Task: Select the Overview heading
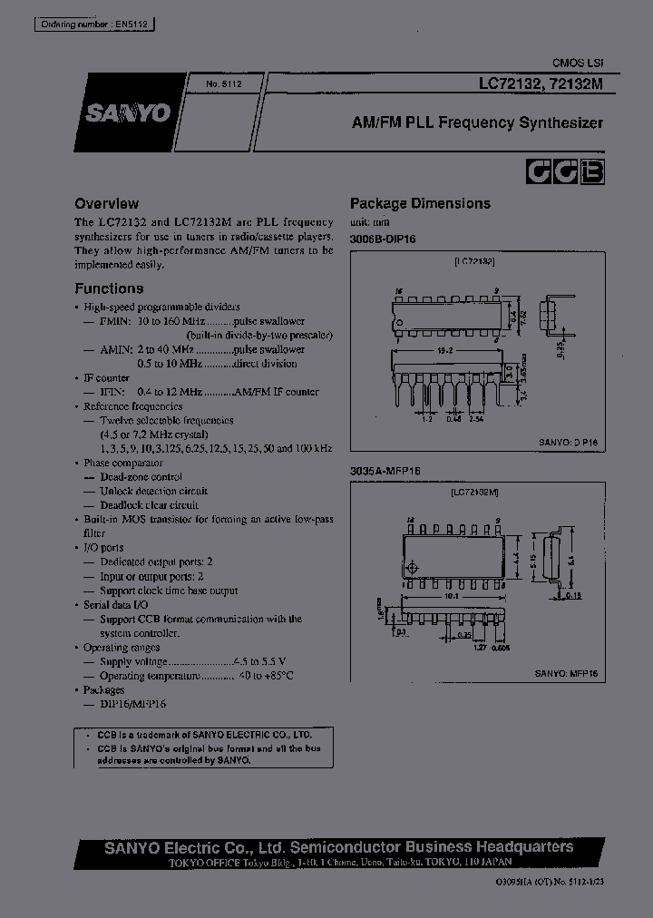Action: [x=106, y=204]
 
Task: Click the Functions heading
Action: [x=109, y=288]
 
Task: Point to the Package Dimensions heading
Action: [x=420, y=204]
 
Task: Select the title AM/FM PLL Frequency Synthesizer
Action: [x=477, y=122]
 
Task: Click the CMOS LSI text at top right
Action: [x=578, y=63]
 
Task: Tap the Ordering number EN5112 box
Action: [x=84, y=26]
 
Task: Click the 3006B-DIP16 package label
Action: [x=386, y=239]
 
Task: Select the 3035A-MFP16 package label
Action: [x=386, y=471]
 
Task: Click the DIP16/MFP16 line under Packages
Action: [x=132, y=704]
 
